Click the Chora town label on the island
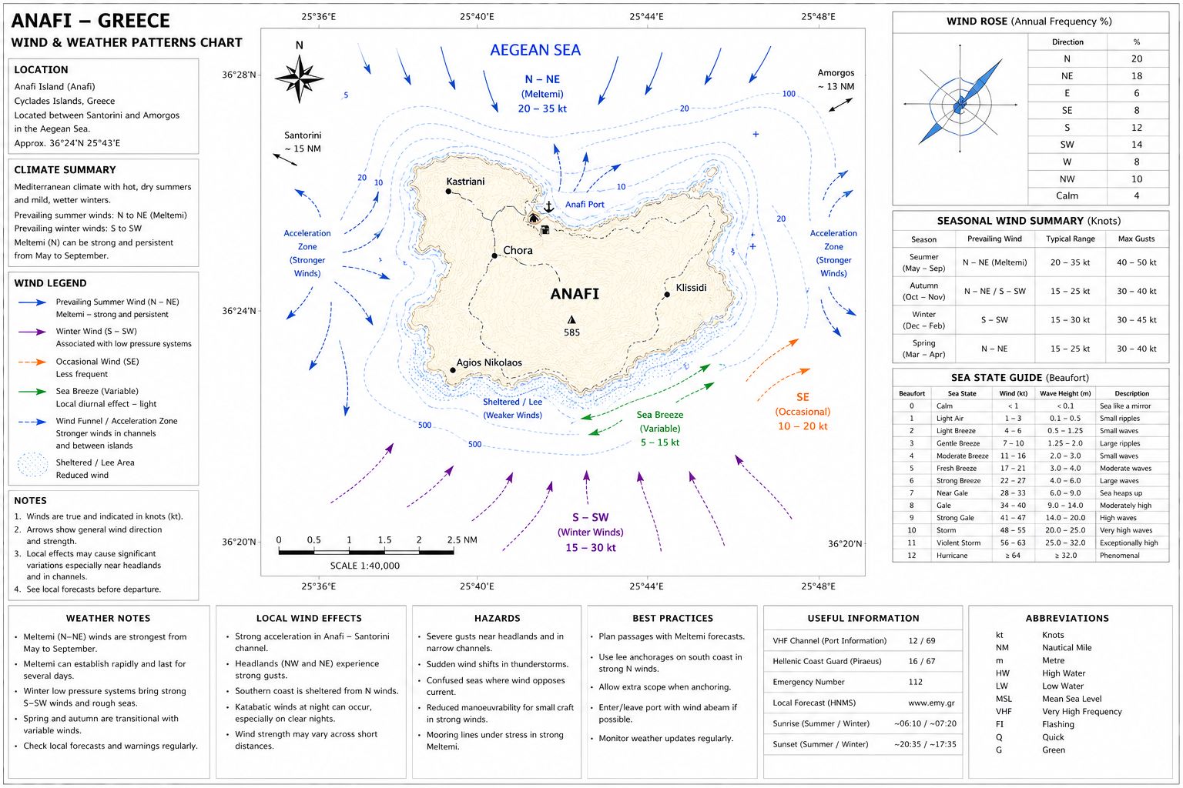coord(518,250)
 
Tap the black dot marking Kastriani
coord(448,192)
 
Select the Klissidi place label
coord(691,288)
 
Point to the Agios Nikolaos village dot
coord(453,370)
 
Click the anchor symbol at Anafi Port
coord(548,206)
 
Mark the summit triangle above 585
coord(571,320)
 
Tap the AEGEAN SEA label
coord(535,50)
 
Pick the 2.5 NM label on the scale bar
coord(461,540)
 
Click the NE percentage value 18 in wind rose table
coord(1137,76)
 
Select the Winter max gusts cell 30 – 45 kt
coord(1136,320)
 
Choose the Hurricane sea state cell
coord(952,556)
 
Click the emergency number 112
coord(915,682)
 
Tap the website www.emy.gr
coord(931,703)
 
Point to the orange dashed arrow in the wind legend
coord(32,362)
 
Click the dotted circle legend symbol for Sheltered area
coord(33,465)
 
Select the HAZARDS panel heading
coord(497,618)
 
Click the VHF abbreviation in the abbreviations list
coord(1004,712)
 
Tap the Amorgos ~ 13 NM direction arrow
coord(841,105)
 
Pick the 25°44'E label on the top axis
coord(646,17)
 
